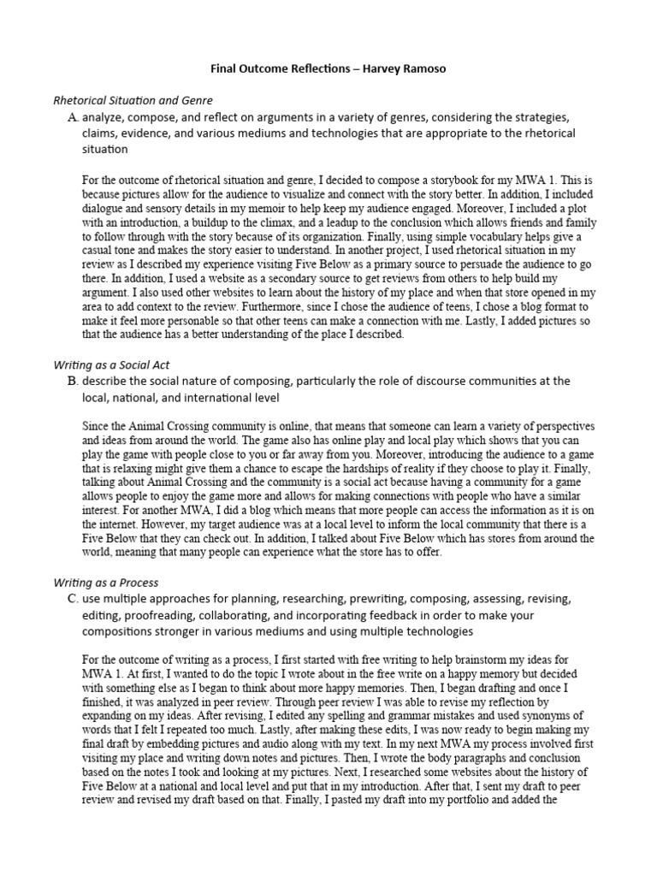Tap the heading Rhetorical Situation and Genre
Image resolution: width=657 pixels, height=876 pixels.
click(x=133, y=100)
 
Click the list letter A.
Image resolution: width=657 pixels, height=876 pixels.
click(x=72, y=116)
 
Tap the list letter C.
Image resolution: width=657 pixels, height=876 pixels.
click(x=72, y=599)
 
